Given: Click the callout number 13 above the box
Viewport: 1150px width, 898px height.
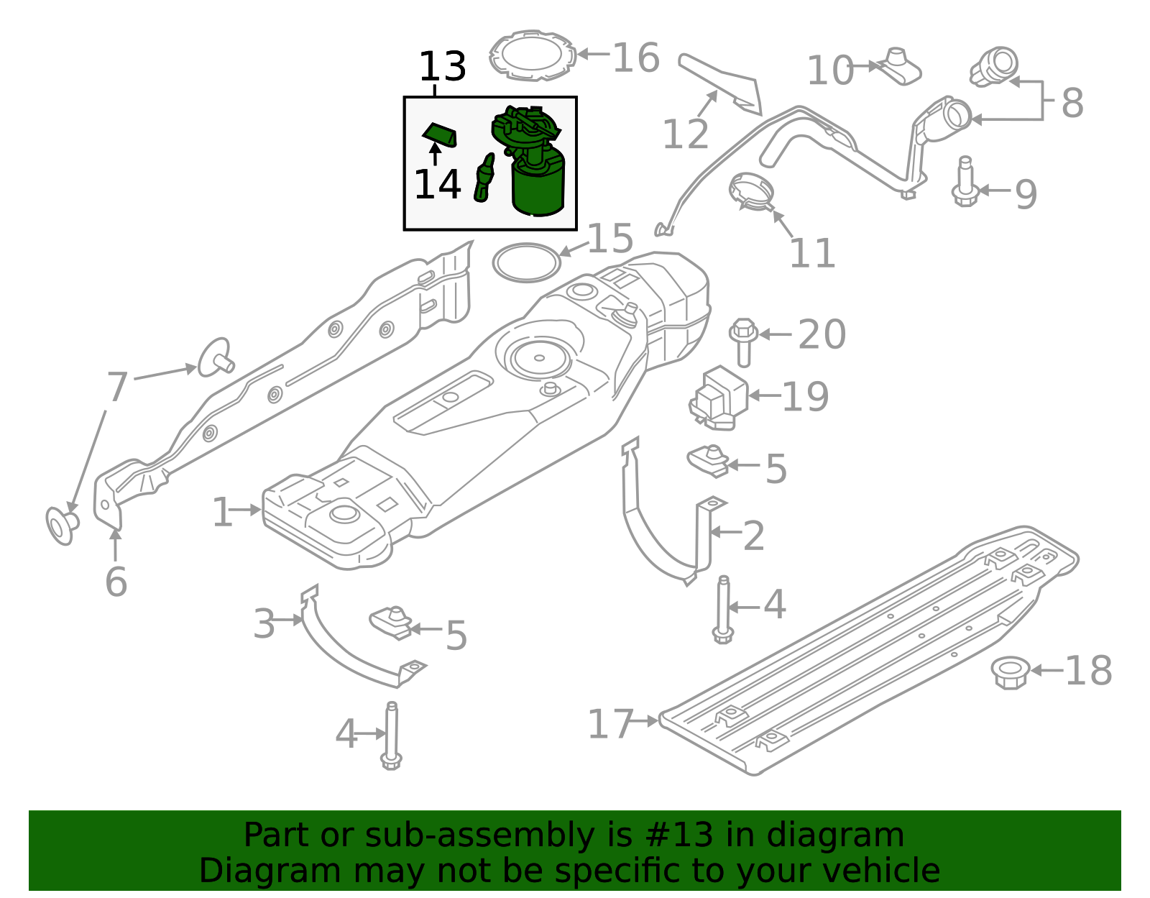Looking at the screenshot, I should point(442,67).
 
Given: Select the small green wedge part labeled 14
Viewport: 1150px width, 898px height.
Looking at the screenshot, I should point(439,134).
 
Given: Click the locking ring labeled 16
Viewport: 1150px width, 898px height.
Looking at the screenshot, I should point(533,55).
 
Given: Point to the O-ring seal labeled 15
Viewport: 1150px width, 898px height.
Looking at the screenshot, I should point(526,263).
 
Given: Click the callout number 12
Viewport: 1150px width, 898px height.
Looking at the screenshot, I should point(685,134).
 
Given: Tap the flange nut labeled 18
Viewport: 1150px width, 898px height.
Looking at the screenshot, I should point(1010,672).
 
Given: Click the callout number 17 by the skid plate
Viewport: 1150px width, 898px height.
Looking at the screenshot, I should point(610,724).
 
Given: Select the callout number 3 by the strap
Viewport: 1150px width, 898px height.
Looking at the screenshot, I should point(264,623).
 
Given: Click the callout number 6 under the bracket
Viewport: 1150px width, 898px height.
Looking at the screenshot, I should point(116,581).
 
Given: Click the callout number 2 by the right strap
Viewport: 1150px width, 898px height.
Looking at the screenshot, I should point(753,536).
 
